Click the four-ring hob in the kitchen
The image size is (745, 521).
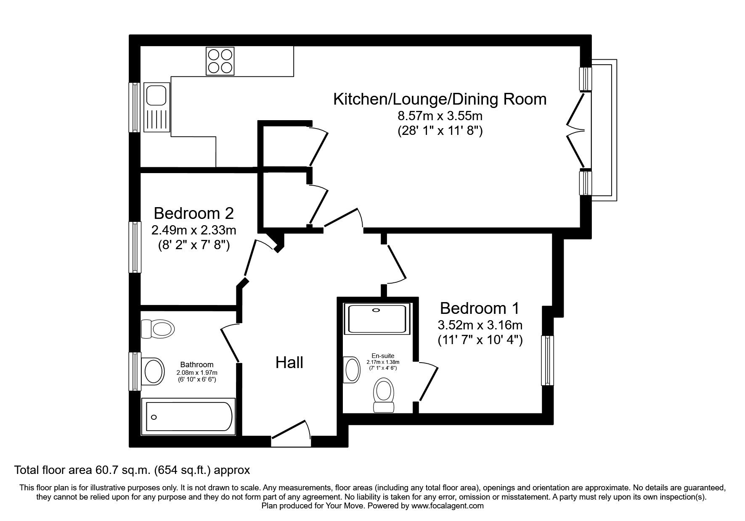220,61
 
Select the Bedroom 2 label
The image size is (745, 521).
194,213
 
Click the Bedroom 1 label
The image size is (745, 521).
480,308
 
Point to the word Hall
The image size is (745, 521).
289,363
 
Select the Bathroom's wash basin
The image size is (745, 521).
154,371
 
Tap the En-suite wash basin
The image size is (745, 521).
352,370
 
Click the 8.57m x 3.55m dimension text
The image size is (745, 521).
440,115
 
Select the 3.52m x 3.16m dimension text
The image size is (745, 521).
480,325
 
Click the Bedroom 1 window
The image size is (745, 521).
547,360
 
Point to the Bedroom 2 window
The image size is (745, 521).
135,247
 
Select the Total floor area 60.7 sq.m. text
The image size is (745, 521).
132,470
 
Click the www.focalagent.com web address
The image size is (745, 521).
447,506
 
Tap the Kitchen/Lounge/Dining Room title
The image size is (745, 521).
440,99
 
